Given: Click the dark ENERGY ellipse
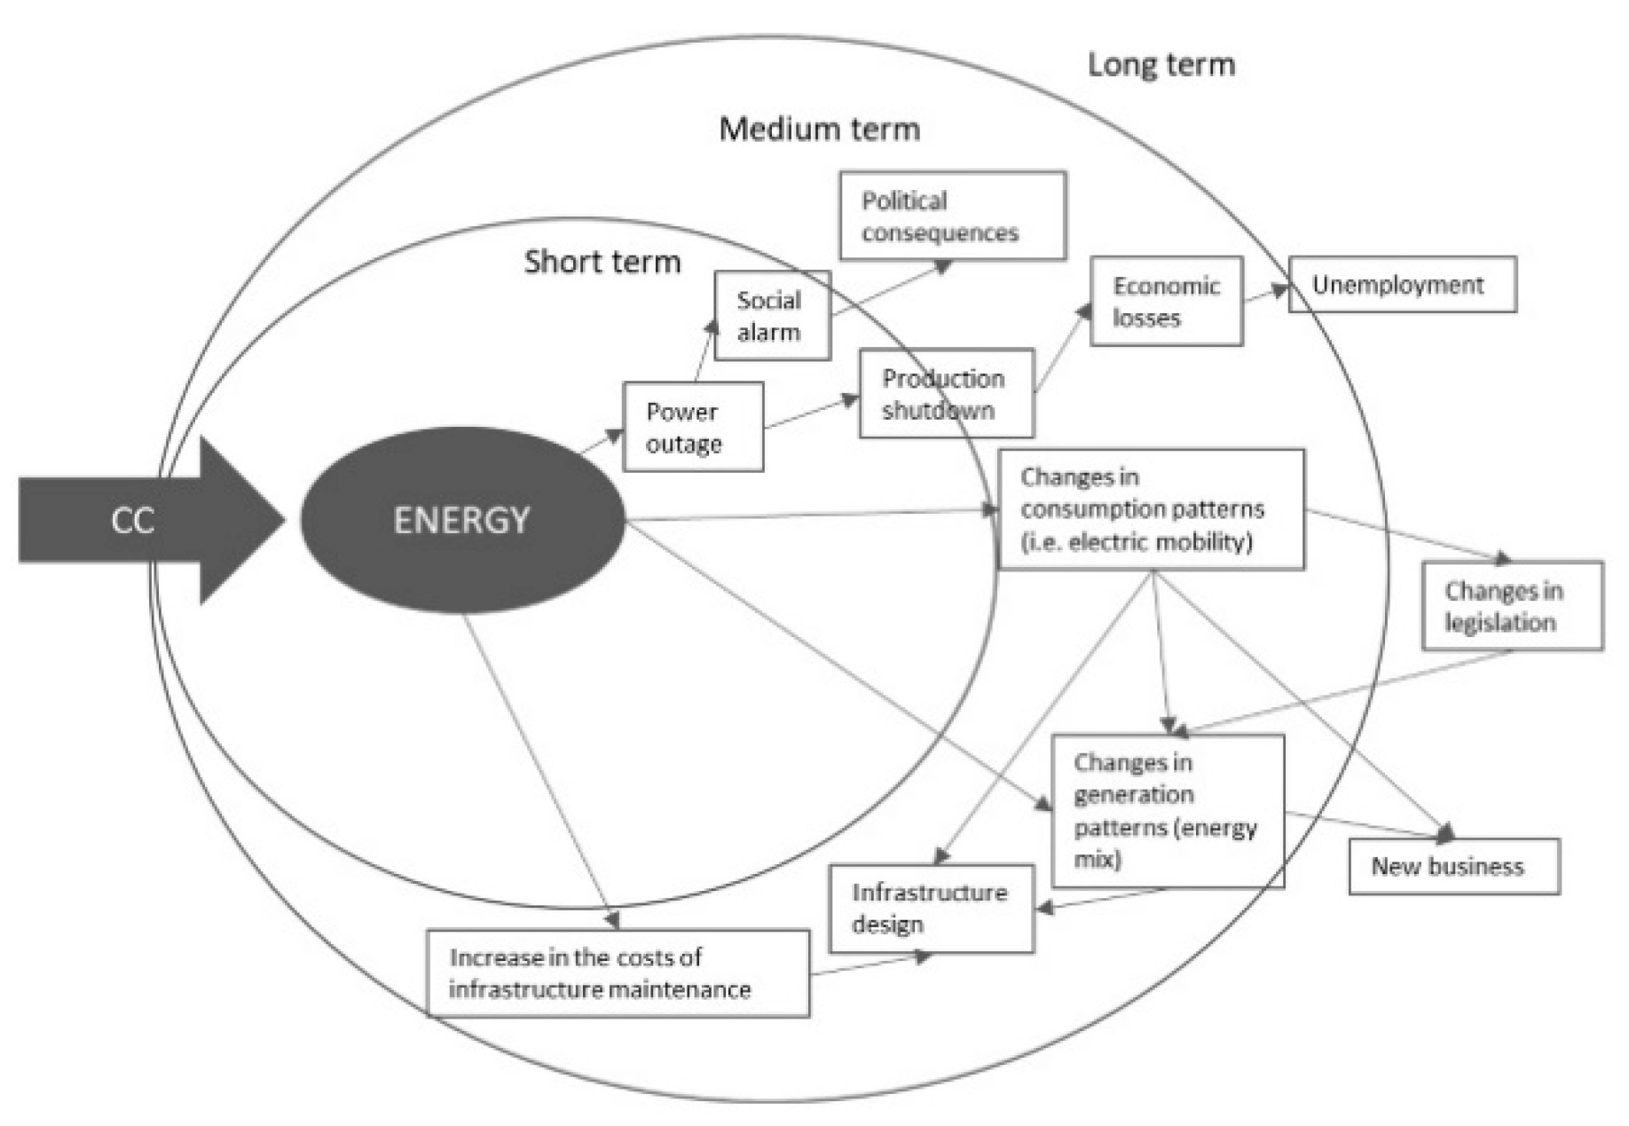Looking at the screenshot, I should click(461, 520).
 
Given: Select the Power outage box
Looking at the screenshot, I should click(692, 427).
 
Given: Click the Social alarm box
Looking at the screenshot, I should click(772, 316).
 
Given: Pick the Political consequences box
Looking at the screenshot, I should click(952, 217).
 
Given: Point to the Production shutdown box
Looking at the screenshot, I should click(946, 393).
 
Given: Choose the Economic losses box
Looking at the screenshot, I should click(1166, 302).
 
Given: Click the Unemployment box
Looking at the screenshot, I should click(1402, 285).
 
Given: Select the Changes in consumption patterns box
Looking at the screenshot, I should click(1151, 509).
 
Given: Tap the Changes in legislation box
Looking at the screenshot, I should click(1512, 606).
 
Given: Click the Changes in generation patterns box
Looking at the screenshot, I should click(1167, 810).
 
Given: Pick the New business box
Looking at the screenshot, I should click(1453, 866).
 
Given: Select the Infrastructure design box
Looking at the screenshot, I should click(931, 909).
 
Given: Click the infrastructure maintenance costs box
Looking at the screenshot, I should click(618, 973).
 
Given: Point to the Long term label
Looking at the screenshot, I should click(1161, 65).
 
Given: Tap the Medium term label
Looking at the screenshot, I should click(819, 130).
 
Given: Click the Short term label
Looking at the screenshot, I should click(602, 262).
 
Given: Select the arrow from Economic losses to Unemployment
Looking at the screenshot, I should click(1265, 294).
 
